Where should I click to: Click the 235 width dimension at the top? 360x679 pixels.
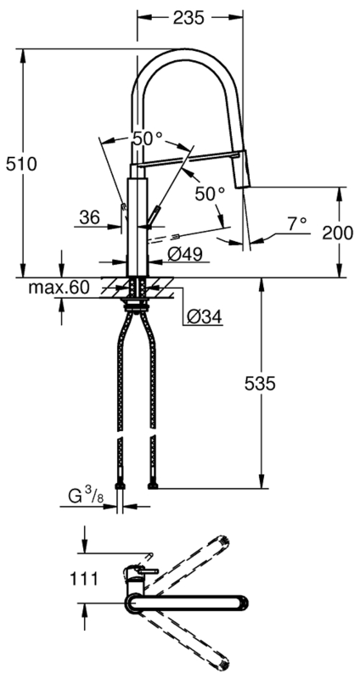click(x=188, y=18)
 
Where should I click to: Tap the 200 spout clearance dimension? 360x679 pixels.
click(x=337, y=233)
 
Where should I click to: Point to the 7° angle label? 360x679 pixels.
click(x=297, y=224)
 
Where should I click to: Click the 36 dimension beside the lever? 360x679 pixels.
click(x=90, y=216)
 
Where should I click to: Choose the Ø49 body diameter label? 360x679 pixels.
click(x=185, y=254)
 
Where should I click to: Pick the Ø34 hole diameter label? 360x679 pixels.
click(x=205, y=317)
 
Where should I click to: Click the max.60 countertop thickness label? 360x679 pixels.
click(x=59, y=287)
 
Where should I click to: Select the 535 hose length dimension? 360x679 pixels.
click(x=261, y=384)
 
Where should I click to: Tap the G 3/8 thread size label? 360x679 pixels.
click(x=87, y=496)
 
